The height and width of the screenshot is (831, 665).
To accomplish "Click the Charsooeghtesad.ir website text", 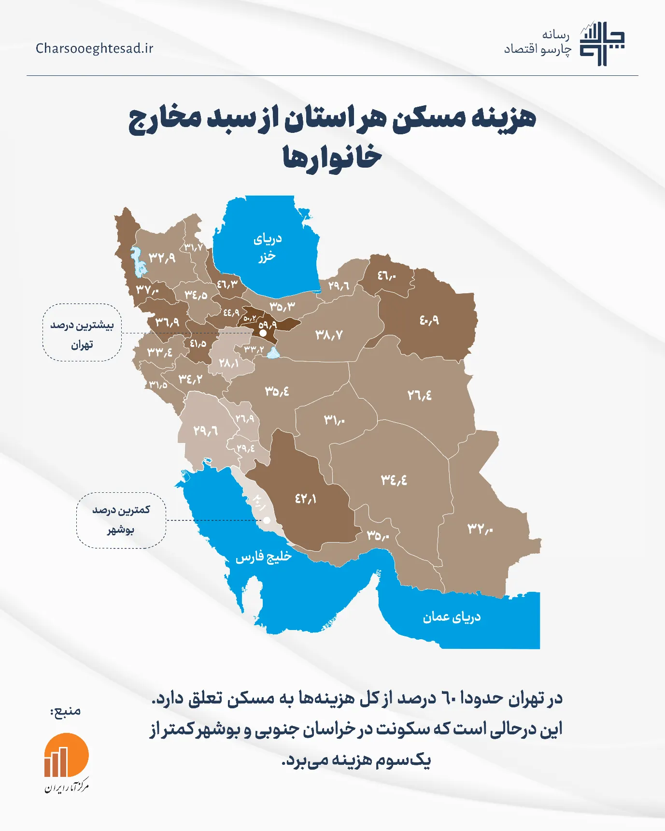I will point(94,48).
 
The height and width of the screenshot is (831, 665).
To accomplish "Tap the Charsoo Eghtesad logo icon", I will point(602,44).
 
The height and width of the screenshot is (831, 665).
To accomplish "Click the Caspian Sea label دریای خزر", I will point(267,247).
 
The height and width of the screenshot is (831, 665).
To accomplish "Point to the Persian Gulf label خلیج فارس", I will point(264,557).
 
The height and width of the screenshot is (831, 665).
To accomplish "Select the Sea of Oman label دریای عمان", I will point(452,617).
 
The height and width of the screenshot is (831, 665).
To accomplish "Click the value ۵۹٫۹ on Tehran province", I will point(268,325).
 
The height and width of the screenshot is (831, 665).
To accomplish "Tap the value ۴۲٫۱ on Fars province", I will point(306,498).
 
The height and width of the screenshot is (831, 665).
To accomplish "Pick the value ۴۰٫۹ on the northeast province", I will point(429,320).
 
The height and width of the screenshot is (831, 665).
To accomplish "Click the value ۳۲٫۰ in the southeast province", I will point(480,529).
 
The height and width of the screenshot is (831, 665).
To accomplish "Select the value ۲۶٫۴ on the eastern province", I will point(419,395).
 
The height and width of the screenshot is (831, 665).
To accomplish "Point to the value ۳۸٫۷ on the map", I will point(329,334).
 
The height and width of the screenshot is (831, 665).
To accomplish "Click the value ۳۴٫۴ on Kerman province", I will point(394,480).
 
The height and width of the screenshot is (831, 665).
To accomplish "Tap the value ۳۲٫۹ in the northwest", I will point(162,258).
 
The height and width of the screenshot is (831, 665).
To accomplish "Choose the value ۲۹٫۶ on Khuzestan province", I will point(205,430).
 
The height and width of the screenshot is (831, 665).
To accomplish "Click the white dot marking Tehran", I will point(263,333).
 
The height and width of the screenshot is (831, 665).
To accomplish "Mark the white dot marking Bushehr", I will point(267,520).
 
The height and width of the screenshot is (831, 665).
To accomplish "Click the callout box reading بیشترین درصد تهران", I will point(82,332).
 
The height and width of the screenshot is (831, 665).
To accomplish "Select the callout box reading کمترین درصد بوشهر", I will point(121,520).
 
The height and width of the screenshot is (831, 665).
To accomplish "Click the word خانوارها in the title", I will point(332,157).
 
